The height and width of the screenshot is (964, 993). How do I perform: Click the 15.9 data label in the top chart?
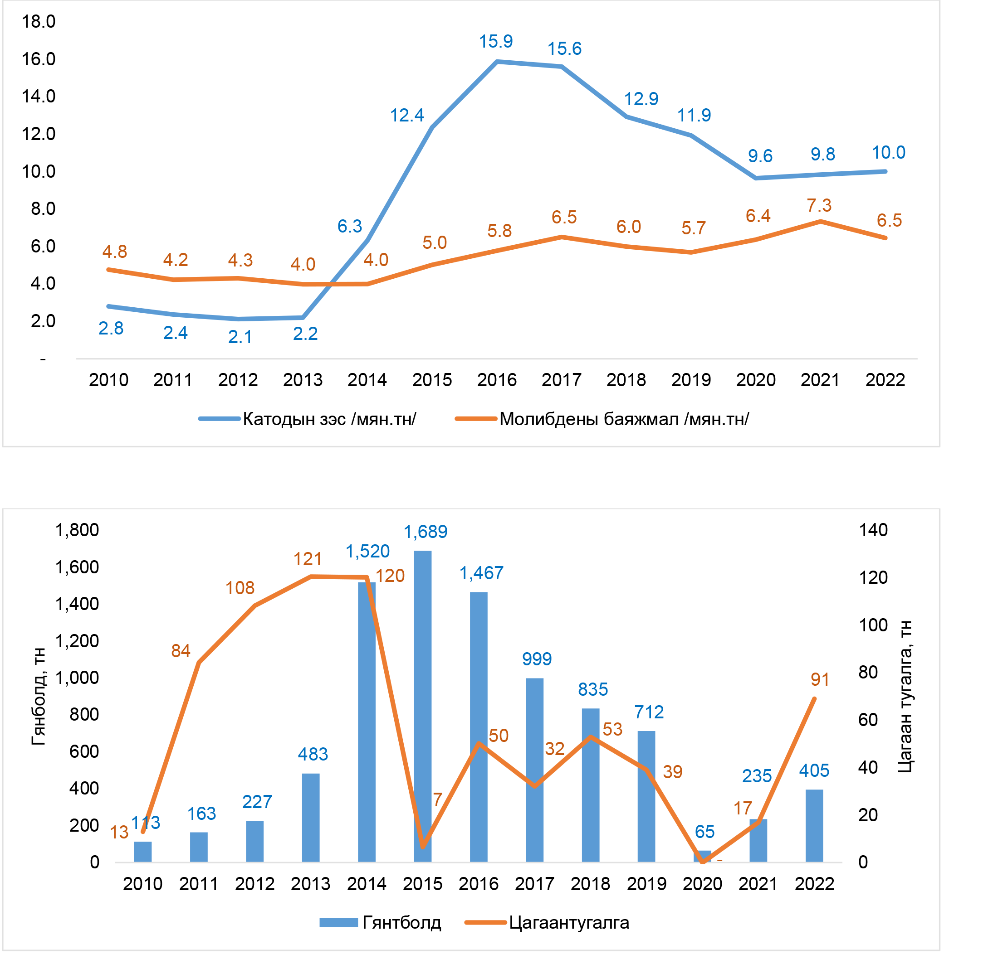(x=495, y=42)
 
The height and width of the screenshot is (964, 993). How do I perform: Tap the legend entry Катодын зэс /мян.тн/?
(x=329, y=419)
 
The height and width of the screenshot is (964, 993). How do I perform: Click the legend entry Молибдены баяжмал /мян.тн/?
(x=624, y=419)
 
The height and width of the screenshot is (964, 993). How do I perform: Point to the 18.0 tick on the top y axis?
(x=39, y=22)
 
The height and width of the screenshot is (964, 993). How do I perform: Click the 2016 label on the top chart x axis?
(x=496, y=380)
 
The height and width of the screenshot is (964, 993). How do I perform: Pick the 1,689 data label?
(x=425, y=532)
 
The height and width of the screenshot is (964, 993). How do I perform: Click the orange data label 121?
(x=308, y=559)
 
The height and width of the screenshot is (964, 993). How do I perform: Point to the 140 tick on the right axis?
(x=873, y=530)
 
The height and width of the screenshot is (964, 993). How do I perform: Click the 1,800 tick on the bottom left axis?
(x=77, y=530)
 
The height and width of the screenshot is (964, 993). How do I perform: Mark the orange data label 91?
(x=820, y=680)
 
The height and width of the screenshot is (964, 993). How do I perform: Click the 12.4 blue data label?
(x=407, y=116)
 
